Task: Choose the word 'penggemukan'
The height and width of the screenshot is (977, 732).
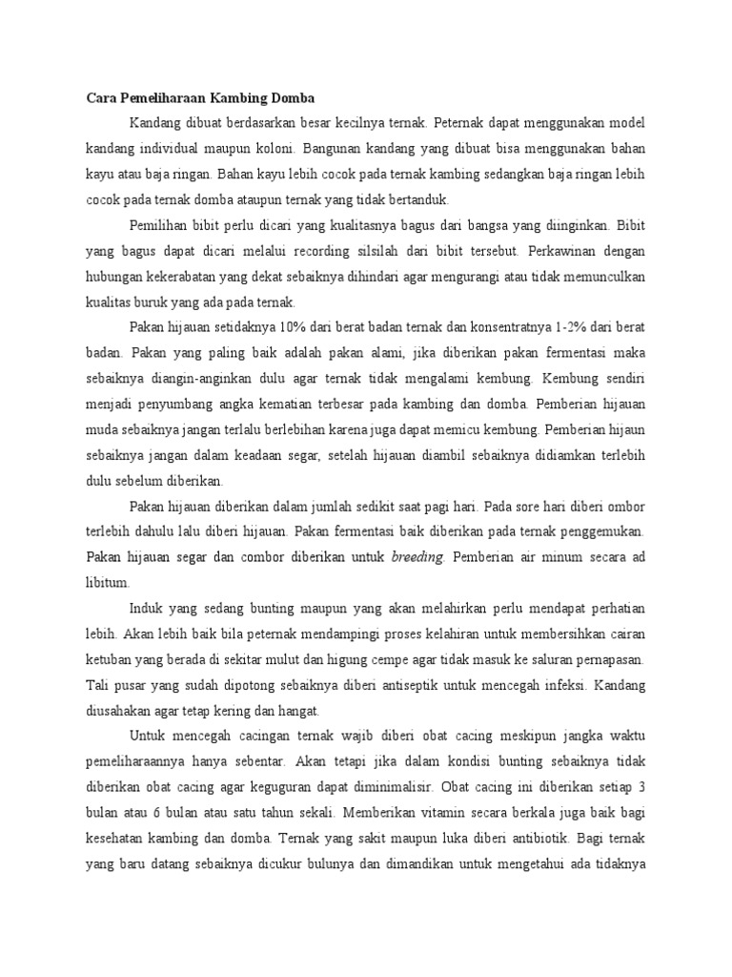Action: pos(600,531)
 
